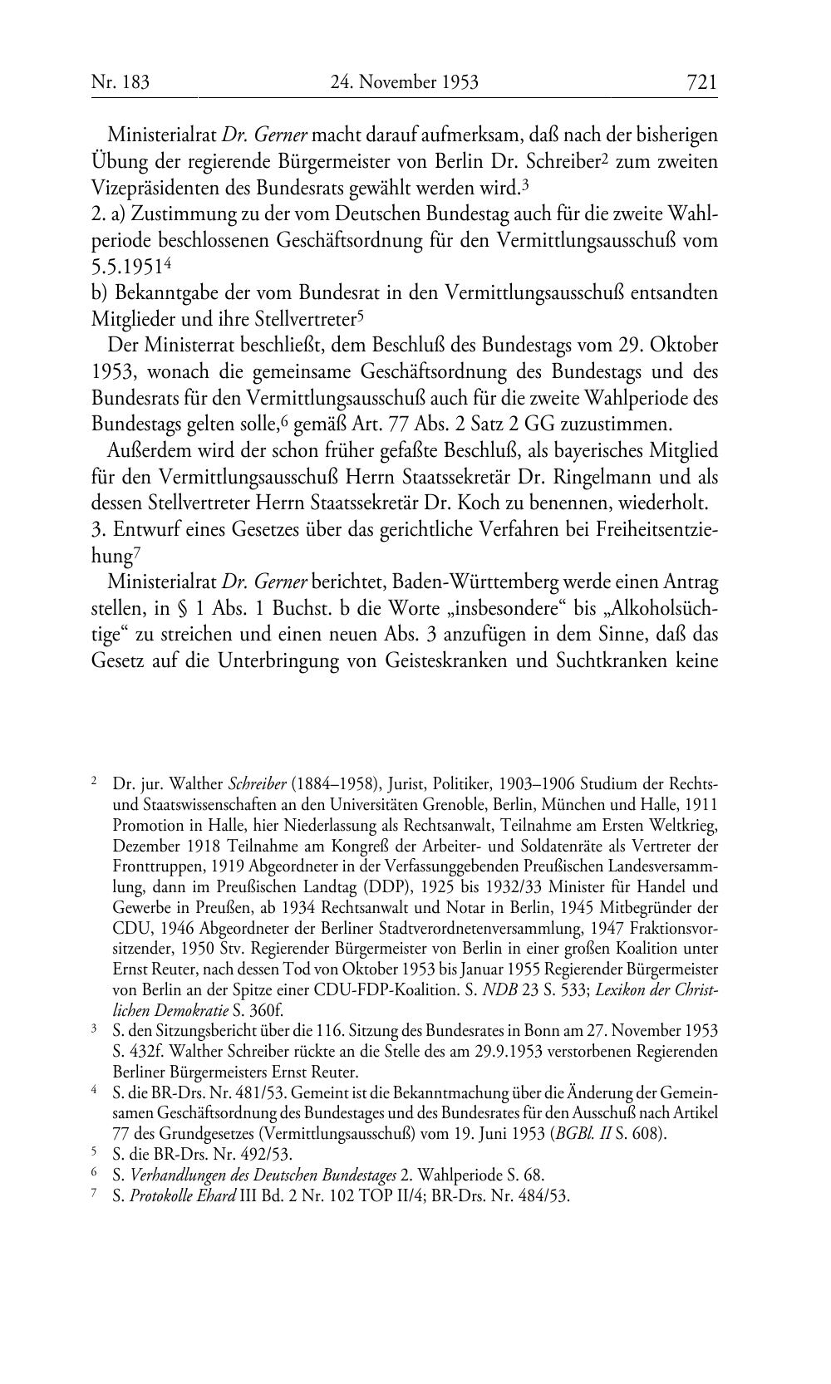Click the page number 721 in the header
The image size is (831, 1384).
point(701,81)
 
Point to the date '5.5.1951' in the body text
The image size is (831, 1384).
point(125,267)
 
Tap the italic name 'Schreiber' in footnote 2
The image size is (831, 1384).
point(256,783)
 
